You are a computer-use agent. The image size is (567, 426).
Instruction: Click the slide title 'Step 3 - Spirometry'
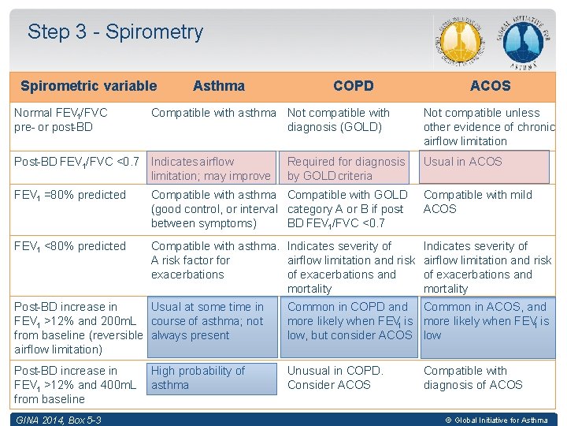tap(115, 32)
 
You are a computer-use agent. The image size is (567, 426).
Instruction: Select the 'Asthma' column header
tap(218, 86)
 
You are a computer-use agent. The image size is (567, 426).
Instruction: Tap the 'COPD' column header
tap(353, 86)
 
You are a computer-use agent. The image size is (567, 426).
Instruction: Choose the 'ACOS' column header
tap(490, 86)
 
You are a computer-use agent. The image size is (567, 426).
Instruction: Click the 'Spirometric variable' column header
tap(88, 86)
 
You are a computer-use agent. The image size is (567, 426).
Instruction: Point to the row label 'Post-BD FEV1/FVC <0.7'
tap(76, 162)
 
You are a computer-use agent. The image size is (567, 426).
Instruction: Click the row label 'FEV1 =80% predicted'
tap(70, 195)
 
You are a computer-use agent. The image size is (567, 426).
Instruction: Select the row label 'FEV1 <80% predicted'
tap(70, 246)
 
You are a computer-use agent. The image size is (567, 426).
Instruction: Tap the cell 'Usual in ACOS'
tap(462, 162)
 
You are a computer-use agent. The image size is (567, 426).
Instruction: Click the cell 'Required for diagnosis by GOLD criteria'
tap(346, 169)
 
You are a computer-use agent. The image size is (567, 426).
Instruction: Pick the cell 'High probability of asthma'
tap(198, 378)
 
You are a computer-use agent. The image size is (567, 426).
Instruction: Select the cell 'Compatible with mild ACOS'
tap(478, 202)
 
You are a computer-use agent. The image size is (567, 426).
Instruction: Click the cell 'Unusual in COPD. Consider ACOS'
tap(335, 378)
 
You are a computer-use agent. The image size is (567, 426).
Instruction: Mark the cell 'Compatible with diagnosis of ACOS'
tap(473, 378)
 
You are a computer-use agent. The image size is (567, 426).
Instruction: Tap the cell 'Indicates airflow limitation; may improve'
tap(210, 169)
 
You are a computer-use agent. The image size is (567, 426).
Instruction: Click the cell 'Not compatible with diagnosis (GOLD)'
tap(339, 120)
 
